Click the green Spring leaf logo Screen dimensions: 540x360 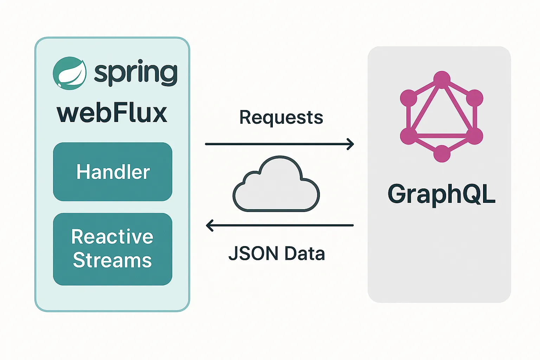click(x=70, y=73)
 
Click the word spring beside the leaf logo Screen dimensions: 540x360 click(x=136, y=72)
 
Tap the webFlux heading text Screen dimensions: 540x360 click(x=112, y=113)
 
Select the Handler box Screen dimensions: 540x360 click(x=112, y=172)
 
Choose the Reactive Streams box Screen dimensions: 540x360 click(x=112, y=249)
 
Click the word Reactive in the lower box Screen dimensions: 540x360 click(x=112, y=237)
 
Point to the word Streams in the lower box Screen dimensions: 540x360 click(x=112, y=260)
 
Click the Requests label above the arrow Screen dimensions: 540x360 click(x=281, y=118)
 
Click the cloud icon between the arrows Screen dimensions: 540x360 click(x=276, y=184)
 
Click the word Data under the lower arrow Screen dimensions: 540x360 click(x=305, y=253)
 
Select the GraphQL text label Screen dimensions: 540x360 click(x=442, y=195)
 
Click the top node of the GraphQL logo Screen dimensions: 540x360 click(x=442, y=79)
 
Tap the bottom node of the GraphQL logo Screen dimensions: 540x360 click(x=442, y=154)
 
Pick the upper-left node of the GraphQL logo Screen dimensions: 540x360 click(x=409, y=98)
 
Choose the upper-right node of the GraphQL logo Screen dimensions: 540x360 click(x=475, y=98)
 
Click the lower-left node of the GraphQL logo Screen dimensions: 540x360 click(x=409, y=136)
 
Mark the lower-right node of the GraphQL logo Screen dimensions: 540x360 click(x=475, y=136)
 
